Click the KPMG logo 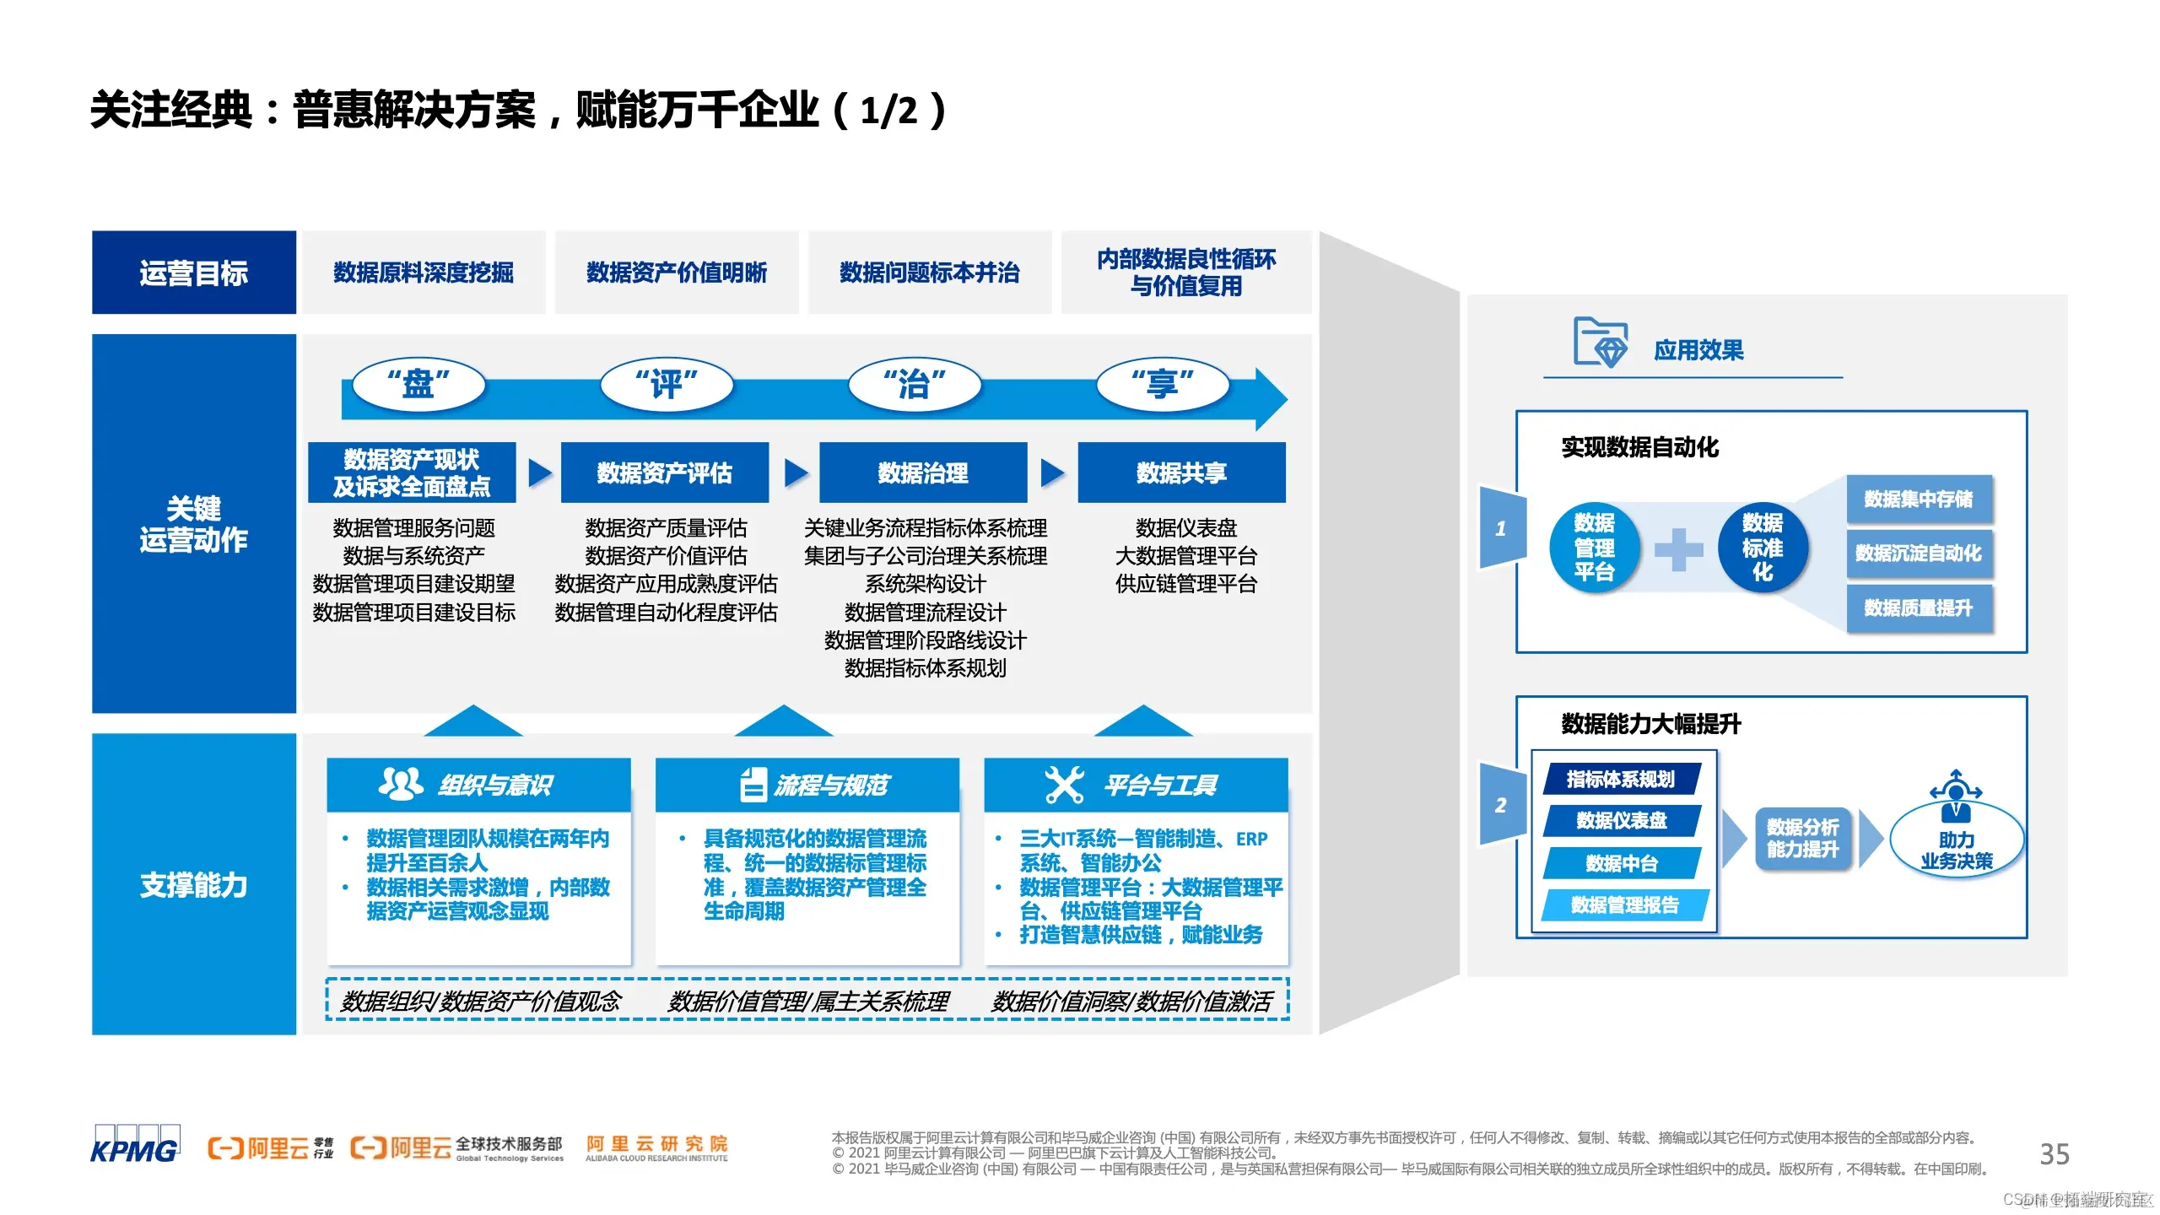(135, 1145)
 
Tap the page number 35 (2054, 1153)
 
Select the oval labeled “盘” (418, 385)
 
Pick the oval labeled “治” (915, 385)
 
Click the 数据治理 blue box (923, 472)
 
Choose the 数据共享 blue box (1181, 472)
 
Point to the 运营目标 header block (194, 273)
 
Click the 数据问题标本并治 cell (930, 273)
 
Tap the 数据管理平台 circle (1594, 548)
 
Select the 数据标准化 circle (1763, 548)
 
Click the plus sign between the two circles (1678, 549)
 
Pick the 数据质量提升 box (1919, 608)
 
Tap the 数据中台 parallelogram (1622, 863)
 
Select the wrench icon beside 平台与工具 (1064, 785)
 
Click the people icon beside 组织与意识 (401, 784)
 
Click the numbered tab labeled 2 (1502, 805)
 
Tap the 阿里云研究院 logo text (656, 1147)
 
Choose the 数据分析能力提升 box (1802, 838)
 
